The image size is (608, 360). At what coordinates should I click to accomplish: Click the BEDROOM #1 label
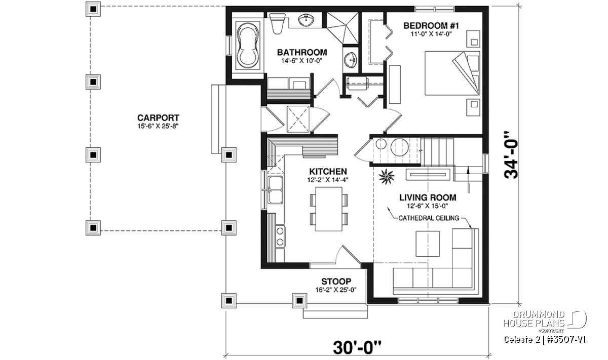pyautogui.click(x=431, y=26)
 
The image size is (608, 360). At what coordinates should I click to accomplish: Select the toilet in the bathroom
pyautogui.click(x=277, y=24)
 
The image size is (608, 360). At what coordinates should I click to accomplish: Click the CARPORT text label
pyautogui.click(x=158, y=118)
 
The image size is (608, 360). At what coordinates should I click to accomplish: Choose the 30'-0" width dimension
pyautogui.click(x=357, y=347)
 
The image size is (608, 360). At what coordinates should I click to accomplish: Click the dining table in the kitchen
pyautogui.click(x=329, y=209)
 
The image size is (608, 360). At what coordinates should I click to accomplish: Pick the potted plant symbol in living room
pyautogui.click(x=387, y=177)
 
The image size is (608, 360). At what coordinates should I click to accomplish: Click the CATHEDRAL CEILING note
pyautogui.click(x=429, y=218)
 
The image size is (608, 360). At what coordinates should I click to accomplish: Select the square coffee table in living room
pyautogui.click(x=428, y=244)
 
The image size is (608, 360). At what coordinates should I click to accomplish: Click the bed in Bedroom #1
pyautogui.click(x=452, y=73)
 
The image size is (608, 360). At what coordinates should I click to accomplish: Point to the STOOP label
pyautogui.click(x=336, y=282)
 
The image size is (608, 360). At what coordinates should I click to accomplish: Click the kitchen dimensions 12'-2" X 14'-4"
pyautogui.click(x=328, y=180)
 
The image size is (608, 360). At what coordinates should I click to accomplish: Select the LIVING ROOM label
pyautogui.click(x=428, y=197)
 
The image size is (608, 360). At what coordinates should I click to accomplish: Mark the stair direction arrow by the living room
pyautogui.click(x=468, y=179)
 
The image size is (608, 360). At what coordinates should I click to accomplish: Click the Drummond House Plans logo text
pyautogui.click(x=534, y=319)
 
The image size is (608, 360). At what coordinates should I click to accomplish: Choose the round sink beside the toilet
pyautogui.click(x=306, y=20)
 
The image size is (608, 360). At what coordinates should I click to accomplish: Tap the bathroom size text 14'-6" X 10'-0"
pyautogui.click(x=301, y=60)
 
